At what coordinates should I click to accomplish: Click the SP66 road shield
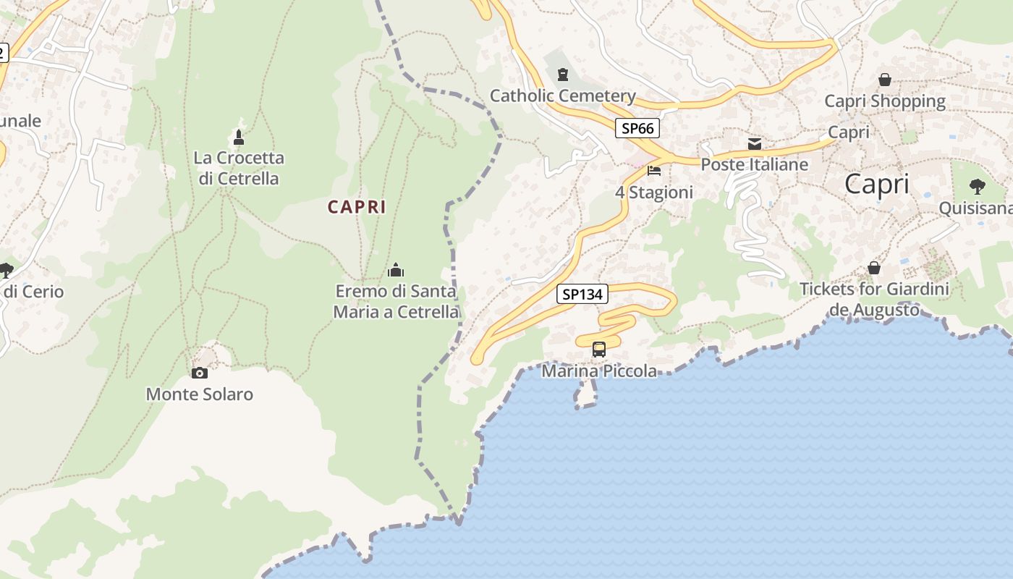tap(637, 129)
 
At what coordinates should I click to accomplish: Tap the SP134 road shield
tap(582, 294)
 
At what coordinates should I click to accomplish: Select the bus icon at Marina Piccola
tap(599, 350)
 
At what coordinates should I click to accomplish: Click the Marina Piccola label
tap(599, 371)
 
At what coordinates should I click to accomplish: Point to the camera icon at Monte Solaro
tap(199, 373)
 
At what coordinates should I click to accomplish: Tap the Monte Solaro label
tap(200, 394)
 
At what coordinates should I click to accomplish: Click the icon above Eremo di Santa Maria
tap(396, 270)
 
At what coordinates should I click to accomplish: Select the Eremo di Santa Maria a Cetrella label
tap(396, 302)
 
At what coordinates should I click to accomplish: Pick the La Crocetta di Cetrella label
tap(239, 168)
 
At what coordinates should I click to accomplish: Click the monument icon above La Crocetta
tap(239, 136)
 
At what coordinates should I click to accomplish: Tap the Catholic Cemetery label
tap(563, 96)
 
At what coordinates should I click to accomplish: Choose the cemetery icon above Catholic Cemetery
tap(562, 74)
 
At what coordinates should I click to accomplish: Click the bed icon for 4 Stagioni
tap(654, 171)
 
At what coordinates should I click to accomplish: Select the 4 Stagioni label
tap(654, 193)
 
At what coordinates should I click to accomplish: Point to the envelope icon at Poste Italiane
tap(755, 143)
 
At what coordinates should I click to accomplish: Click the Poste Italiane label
tap(755, 164)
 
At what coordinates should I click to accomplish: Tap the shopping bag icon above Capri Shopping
tap(885, 80)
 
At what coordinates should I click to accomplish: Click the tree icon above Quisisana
tap(978, 187)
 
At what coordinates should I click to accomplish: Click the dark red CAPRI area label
tap(357, 207)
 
